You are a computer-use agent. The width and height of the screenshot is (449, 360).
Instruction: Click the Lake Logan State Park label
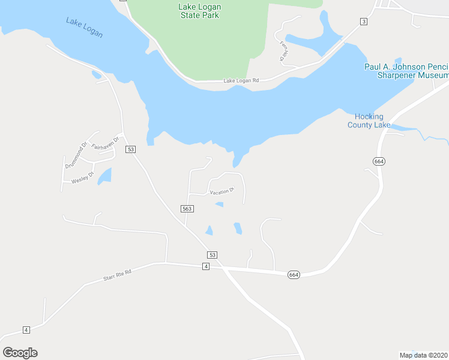200,11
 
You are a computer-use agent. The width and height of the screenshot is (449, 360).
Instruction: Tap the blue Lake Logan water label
84,28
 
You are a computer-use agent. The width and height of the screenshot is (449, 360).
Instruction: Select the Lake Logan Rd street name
241,80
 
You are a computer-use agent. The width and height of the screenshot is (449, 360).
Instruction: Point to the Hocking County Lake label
369,121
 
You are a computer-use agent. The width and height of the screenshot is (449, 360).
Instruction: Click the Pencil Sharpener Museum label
407,71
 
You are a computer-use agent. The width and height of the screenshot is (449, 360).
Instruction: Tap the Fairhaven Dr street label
107,142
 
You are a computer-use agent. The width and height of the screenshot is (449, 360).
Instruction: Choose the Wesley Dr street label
83,179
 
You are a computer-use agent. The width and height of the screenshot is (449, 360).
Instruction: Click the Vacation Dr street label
221,191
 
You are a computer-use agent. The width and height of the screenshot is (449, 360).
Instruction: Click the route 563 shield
187,208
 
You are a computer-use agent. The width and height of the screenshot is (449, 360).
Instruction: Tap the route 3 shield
363,22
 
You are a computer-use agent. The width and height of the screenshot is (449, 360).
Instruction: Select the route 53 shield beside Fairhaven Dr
131,149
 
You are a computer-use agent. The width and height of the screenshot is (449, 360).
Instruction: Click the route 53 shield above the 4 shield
212,254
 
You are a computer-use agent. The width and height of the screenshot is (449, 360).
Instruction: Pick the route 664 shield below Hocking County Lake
378,161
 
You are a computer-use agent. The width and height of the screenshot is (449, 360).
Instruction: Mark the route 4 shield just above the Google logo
26,330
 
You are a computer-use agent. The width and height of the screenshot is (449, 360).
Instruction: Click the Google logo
20,352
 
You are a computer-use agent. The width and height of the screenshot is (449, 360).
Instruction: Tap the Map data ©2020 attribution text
423,355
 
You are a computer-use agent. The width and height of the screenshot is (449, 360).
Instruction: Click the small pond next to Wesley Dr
104,176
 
